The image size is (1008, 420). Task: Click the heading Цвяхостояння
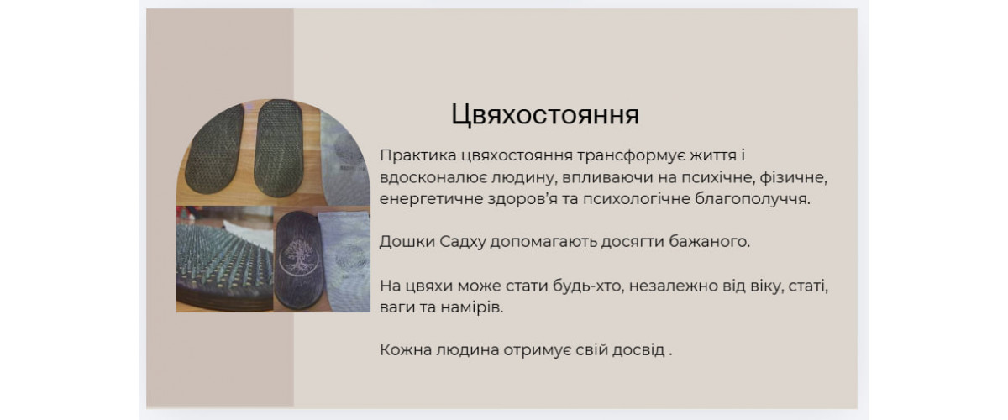545,115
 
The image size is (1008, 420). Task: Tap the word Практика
418,155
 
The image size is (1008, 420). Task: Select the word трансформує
625,156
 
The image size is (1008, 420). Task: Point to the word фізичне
793,178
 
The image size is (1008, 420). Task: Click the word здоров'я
522,199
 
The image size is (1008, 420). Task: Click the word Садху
463,242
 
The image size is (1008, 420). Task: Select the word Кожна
406,350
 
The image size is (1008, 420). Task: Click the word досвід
638,350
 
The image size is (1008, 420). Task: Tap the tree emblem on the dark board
299,260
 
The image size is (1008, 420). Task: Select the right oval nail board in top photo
279,149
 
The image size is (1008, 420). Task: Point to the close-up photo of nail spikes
224,259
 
